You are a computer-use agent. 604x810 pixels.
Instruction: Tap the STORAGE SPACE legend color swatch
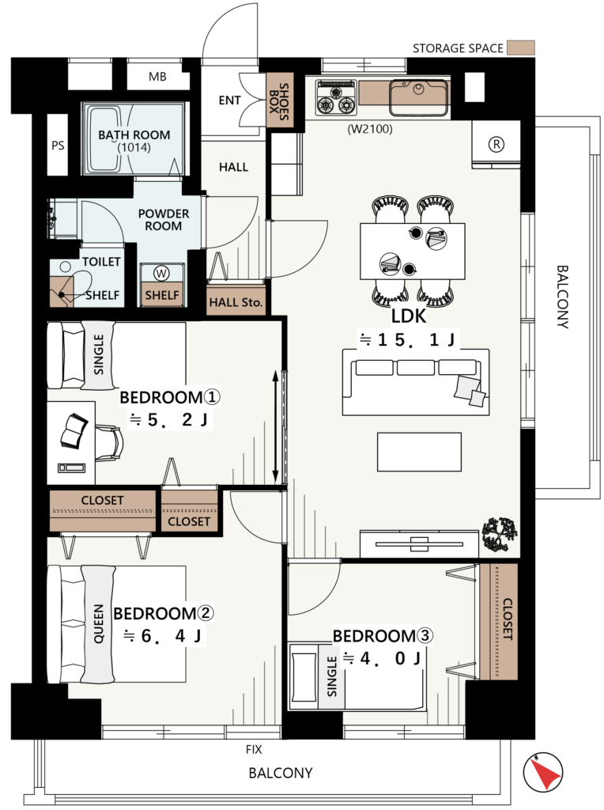520,48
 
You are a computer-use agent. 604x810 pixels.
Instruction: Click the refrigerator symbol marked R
496,144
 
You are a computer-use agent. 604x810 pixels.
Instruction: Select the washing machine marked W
161,274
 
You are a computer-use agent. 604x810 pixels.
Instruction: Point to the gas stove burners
336,97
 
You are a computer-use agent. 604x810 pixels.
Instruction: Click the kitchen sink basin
418,97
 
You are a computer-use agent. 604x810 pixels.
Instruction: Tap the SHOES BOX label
279,101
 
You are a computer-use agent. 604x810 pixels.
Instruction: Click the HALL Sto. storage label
236,302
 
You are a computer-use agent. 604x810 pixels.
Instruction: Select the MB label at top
157,77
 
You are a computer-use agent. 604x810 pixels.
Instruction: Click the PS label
58,146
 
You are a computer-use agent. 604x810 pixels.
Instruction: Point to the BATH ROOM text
134,134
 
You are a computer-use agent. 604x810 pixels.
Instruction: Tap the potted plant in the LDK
499,535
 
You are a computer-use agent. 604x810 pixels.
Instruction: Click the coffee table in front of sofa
419,452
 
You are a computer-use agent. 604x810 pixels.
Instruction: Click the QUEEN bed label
98,623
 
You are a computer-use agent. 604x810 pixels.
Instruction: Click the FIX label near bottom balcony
254,749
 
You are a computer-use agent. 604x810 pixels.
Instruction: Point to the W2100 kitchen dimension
370,129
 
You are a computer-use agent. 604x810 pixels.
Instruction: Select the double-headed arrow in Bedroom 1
276,426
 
